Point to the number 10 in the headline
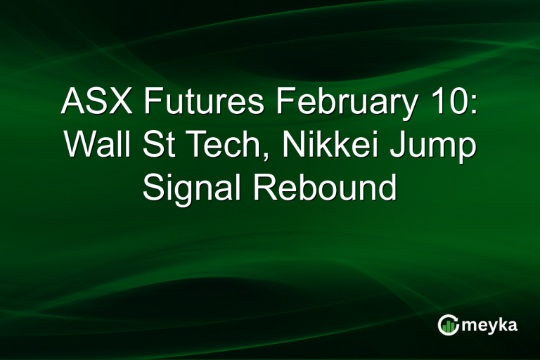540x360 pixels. tap(449, 103)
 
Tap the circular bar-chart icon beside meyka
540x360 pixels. tap(448, 325)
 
